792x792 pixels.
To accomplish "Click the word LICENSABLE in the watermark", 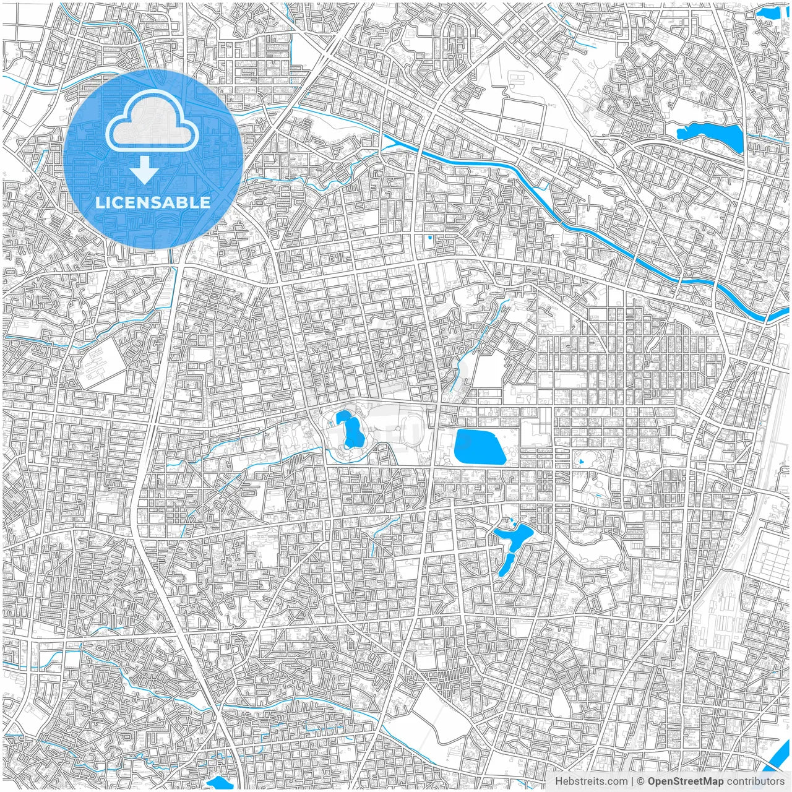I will [153, 202].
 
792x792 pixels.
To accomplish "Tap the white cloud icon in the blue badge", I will [152, 123].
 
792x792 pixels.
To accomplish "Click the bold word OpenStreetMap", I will [686, 781].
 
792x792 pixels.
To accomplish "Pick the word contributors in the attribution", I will [755, 781].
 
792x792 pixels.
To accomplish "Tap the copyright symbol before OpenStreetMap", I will [641, 781].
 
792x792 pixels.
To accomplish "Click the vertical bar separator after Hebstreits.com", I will [632, 781].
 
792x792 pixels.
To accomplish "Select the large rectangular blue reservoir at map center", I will [480, 447].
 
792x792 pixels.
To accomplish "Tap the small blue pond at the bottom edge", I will [220, 783].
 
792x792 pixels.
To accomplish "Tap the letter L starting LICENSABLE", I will [100, 202].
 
